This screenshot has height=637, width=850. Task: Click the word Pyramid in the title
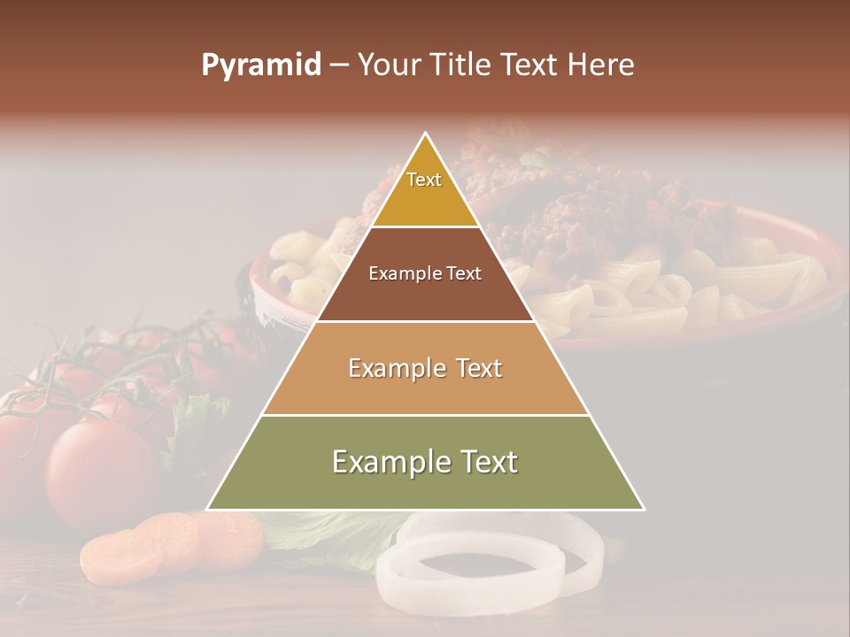tap(261, 65)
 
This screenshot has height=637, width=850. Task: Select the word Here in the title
tap(602, 65)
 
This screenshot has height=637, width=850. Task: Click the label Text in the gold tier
tap(424, 180)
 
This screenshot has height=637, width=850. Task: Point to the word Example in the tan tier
tap(394, 368)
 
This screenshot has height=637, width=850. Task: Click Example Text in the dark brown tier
tap(425, 273)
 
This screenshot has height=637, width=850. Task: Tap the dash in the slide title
tap(338, 65)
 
